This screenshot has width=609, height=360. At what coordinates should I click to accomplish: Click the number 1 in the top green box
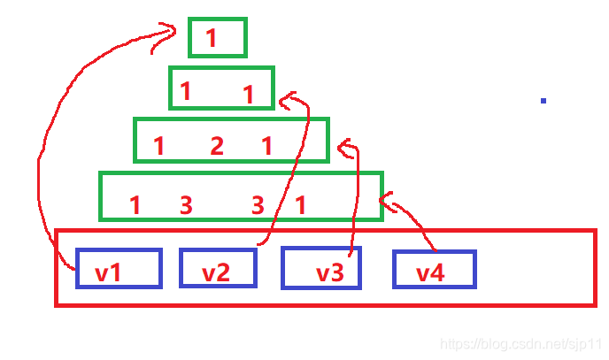[x=211, y=38]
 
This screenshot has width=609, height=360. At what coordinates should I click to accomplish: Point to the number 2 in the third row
[x=217, y=146]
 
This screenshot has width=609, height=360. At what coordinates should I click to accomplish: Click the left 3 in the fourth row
[x=186, y=205]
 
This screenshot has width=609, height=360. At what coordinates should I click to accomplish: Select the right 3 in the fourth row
[x=258, y=205]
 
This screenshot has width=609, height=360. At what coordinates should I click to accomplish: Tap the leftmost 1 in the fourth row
[x=135, y=205]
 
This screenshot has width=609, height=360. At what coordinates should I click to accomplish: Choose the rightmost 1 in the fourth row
[x=300, y=205]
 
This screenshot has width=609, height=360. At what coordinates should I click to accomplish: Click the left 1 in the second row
[x=185, y=91]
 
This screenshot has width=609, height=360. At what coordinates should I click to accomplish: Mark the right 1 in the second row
[x=248, y=95]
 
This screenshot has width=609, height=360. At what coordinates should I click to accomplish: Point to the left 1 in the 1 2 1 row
[x=158, y=146]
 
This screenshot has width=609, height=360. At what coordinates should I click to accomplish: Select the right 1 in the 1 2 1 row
[x=266, y=146]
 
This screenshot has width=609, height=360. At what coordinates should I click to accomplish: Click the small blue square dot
[x=543, y=101]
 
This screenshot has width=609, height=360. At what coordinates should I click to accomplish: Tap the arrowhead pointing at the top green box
[x=165, y=35]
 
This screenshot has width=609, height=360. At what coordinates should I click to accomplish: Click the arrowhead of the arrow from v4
[x=388, y=202]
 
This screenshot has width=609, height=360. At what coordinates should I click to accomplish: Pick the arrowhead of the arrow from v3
[x=347, y=149]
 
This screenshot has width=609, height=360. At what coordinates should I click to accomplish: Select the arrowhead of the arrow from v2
[x=289, y=101]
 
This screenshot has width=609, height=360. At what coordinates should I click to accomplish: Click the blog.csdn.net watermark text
[x=520, y=344]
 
